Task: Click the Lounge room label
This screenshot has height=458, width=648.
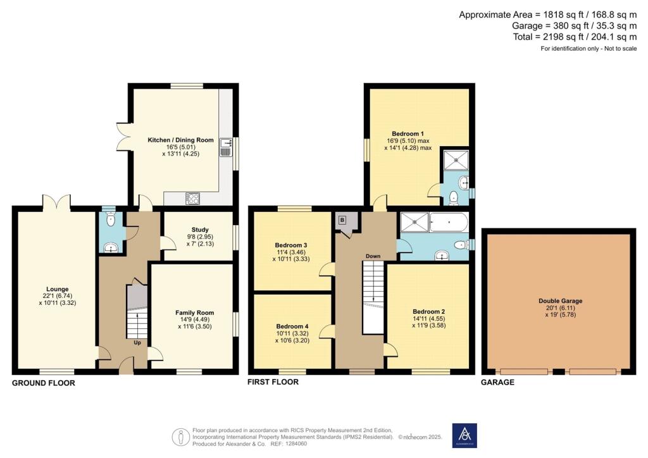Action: click(x=58, y=289)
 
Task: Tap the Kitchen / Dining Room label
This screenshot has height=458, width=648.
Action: click(x=180, y=140)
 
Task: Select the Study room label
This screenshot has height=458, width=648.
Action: click(x=200, y=230)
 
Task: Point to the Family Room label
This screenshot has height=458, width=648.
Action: click(x=195, y=313)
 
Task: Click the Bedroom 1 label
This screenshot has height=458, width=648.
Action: click(x=408, y=134)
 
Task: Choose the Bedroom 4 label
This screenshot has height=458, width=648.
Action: click(x=292, y=326)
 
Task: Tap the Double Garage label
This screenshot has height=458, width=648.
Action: click(x=561, y=301)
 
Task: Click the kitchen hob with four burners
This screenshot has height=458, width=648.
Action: click(x=192, y=199)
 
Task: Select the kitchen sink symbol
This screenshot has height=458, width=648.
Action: click(x=225, y=147)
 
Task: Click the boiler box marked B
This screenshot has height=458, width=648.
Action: click(x=342, y=220)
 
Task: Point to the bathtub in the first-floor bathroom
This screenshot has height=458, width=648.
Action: click(x=449, y=222)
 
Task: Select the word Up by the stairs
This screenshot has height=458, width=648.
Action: click(x=137, y=342)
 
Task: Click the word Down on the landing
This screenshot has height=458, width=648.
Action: click(x=373, y=256)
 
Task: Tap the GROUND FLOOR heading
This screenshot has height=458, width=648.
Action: click(x=44, y=383)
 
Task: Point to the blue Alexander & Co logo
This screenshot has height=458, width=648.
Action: click(x=464, y=435)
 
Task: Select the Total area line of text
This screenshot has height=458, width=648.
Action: click(x=575, y=37)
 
